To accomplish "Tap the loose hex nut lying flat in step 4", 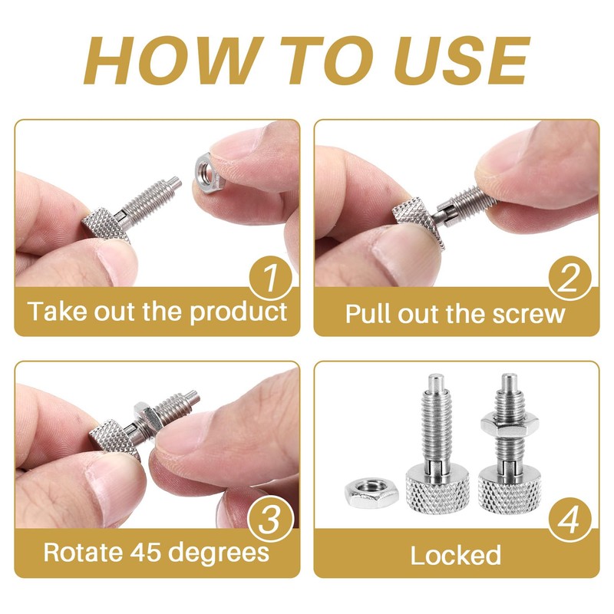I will pos(367,493).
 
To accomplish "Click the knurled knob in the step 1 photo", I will pos(106,223).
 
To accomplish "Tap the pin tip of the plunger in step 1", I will pos(175,183).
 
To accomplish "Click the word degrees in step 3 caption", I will pos(224,554).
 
